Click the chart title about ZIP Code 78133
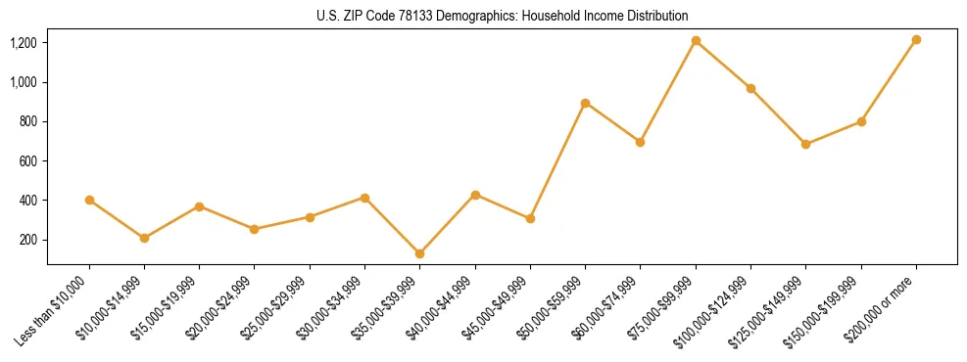tap(502, 16)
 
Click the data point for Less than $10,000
tap(89, 200)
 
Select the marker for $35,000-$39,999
tap(419, 253)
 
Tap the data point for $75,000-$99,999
tap(696, 41)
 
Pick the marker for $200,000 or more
tap(916, 40)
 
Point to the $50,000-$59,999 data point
tap(585, 103)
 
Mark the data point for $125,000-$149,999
tap(805, 144)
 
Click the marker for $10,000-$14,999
tap(144, 238)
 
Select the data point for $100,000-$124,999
tap(750, 88)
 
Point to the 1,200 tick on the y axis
tap(24, 43)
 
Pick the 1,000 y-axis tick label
tap(24, 82)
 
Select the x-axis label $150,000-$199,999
tap(823, 308)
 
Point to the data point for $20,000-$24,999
tap(255, 229)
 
